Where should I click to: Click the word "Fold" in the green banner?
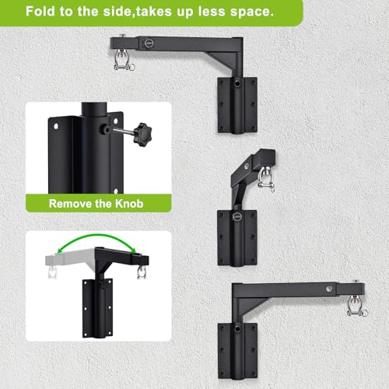click(40, 12)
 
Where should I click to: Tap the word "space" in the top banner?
click(250, 12)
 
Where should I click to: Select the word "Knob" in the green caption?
click(129, 204)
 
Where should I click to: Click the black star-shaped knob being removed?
click(142, 135)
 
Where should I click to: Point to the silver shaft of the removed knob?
click(124, 131)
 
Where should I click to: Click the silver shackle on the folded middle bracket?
click(265, 178)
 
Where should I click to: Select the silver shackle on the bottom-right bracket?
click(356, 305)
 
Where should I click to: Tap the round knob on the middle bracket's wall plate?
click(237, 216)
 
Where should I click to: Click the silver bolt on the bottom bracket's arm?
click(329, 289)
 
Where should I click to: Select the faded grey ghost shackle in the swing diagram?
click(52, 272)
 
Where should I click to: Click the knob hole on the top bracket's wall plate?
click(237, 83)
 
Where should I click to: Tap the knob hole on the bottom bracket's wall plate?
click(237, 329)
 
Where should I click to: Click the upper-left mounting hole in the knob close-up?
click(56, 126)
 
